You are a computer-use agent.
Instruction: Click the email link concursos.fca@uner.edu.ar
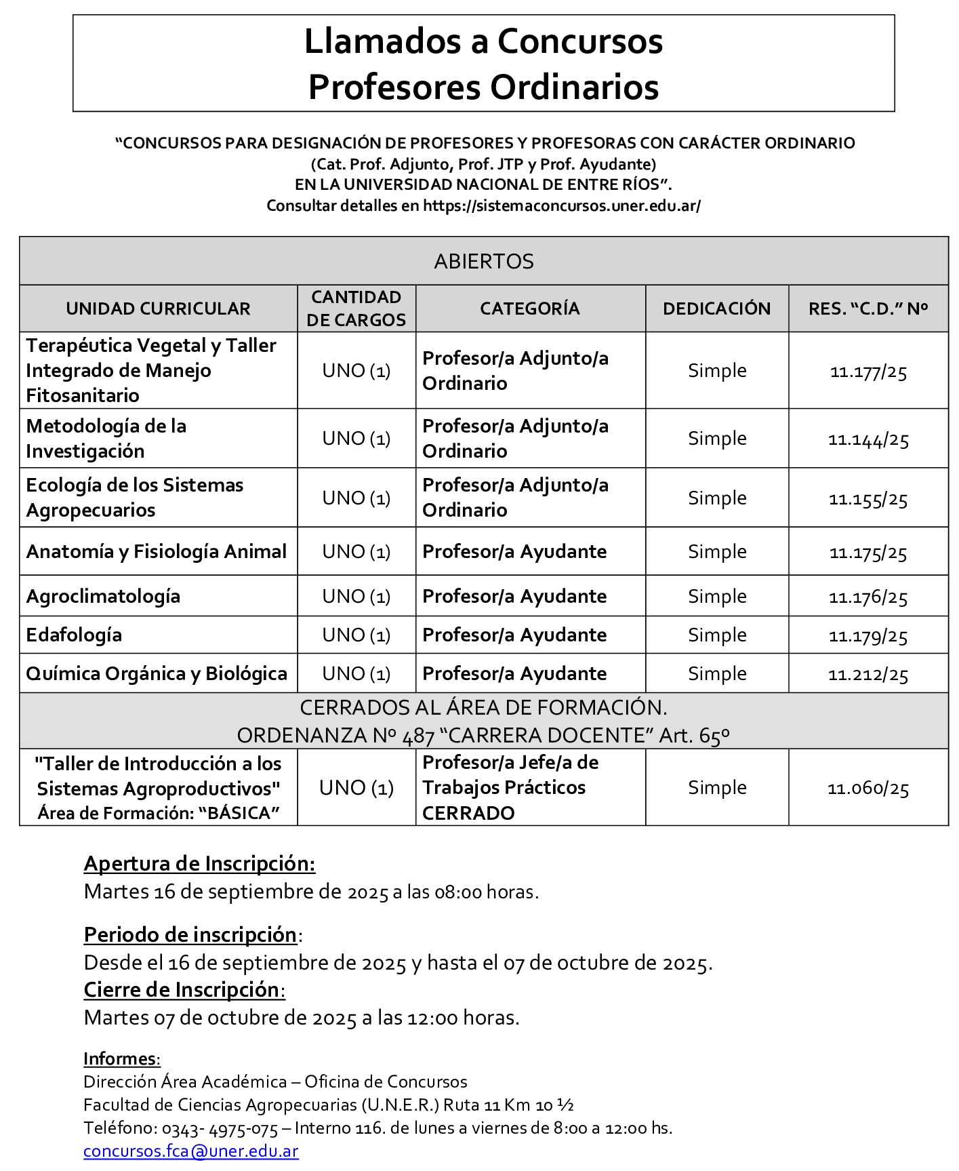pyautogui.click(x=190, y=1151)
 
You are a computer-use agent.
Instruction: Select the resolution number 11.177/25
pyautogui.click(x=868, y=372)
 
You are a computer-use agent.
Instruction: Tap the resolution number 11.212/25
pyautogui.click(x=868, y=675)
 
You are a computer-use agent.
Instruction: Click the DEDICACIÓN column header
pyautogui.click(x=716, y=309)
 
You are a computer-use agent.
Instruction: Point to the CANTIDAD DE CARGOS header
pyautogui.click(x=356, y=309)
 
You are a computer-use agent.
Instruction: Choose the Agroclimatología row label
pyautogui.click(x=103, y=596)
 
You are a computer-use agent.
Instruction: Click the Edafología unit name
pyautogui.click(x=74, y=635)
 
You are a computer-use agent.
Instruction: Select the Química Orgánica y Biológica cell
pyautogui.click(x=157, y=674)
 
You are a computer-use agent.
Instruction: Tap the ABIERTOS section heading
pyautogui.click(x=483, y=261)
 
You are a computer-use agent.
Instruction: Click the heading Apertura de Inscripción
pyautogui.click(x=199, y=864)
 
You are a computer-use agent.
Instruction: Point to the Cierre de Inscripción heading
pyautogui.click(x=181, y=990)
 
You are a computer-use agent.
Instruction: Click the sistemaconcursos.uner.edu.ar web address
pyautogui.click(x=562, y=205)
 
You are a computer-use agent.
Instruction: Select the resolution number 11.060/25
pyautogui.click(x=868, y=789)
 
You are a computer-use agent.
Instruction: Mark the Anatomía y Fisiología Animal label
pyautogui.click(x=157, y=552)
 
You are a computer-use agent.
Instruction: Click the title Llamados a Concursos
pyautogui.click(x=483, y=41)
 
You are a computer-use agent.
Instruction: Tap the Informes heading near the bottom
pyautogui.click(x=120, y=1058)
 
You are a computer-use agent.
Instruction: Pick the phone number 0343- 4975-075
pyautogui.click(x=220, y=1128)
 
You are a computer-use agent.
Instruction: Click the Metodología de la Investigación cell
pyautogui.click(x=106, y=439)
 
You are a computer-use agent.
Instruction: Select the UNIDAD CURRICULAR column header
pyautogui.click(x=158, y=309)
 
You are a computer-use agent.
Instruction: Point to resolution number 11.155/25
pyautogui.click(x=868, y=499)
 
